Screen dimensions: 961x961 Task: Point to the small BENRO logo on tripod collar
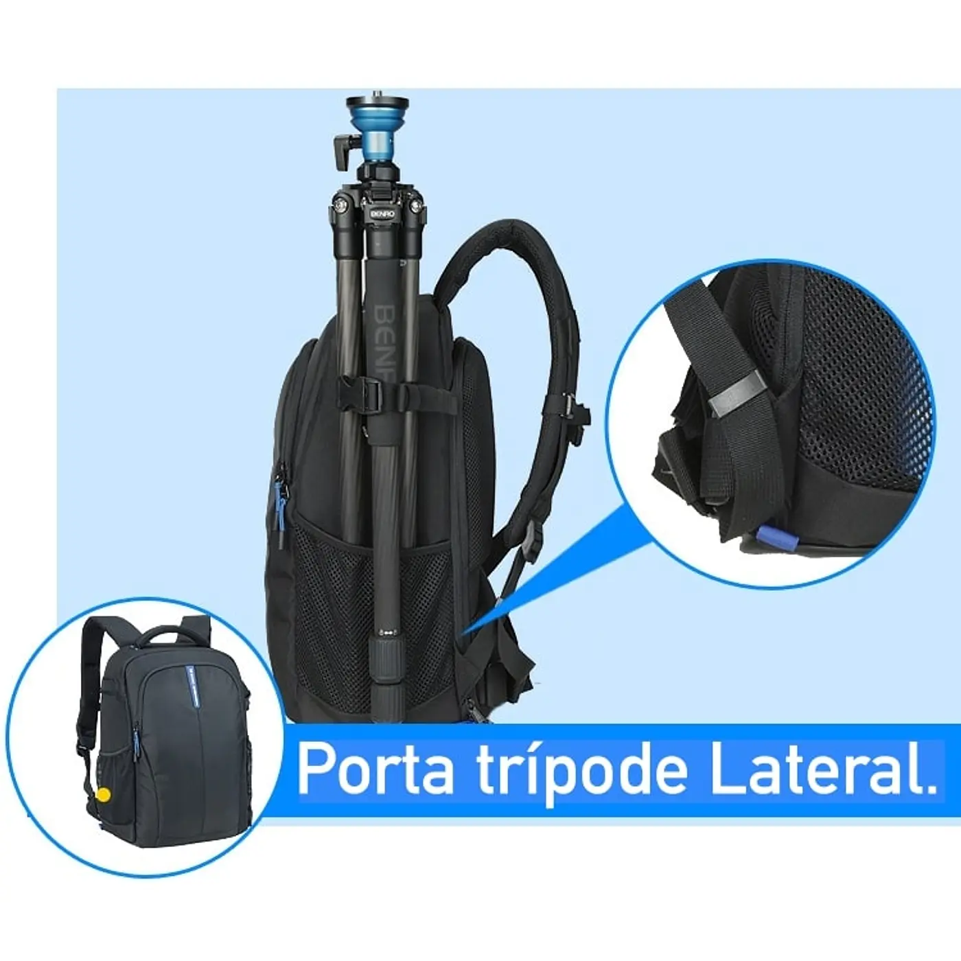383,213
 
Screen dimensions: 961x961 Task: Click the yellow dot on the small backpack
103,794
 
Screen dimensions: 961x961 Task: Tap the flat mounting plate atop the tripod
377,104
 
